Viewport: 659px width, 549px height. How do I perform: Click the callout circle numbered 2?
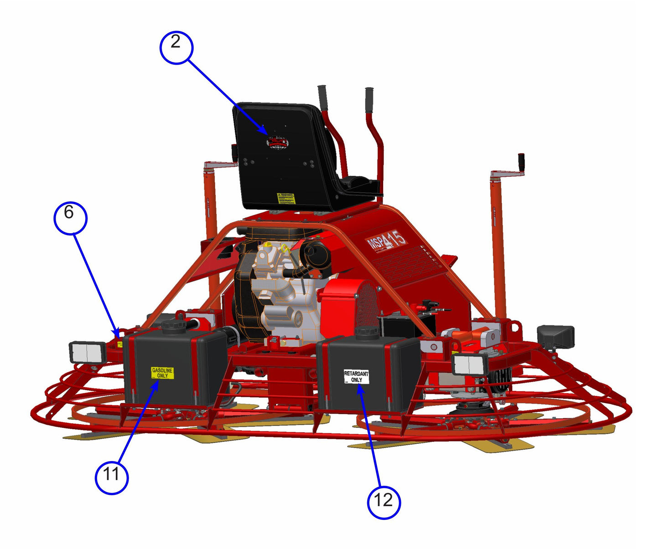pos(176,47)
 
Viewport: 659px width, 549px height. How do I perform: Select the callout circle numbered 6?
pos(70,218)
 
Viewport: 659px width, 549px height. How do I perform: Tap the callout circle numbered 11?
pos(111,477)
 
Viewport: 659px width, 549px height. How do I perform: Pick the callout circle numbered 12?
pos(384,502)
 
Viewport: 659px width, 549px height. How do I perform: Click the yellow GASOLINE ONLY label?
pos(162,373)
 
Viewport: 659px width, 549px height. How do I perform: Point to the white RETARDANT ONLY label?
pos(356,377)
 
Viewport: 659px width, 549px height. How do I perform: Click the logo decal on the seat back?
pos(277,142)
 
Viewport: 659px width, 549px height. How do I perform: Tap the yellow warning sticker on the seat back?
pos(286,198)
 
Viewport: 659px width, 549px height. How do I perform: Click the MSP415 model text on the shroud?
pos(387,240)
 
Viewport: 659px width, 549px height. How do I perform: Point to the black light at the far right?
pos(555,336)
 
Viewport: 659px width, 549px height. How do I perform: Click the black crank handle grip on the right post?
pos(521,161)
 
